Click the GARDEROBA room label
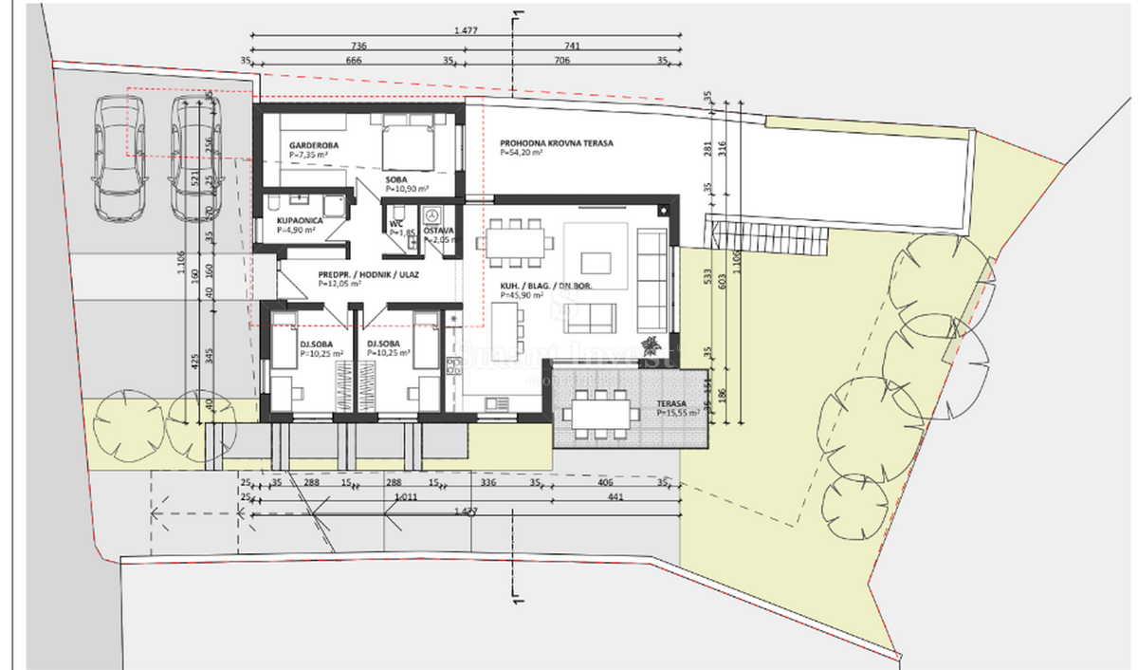[314, 145]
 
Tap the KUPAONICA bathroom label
[300, 220]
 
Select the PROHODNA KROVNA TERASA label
[557, 144]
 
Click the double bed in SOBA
[409, 145]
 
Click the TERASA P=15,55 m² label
[677, 408]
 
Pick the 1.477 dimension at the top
[465, 30]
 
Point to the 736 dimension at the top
[358, 46]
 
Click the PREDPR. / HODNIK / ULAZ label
[368, 275]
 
